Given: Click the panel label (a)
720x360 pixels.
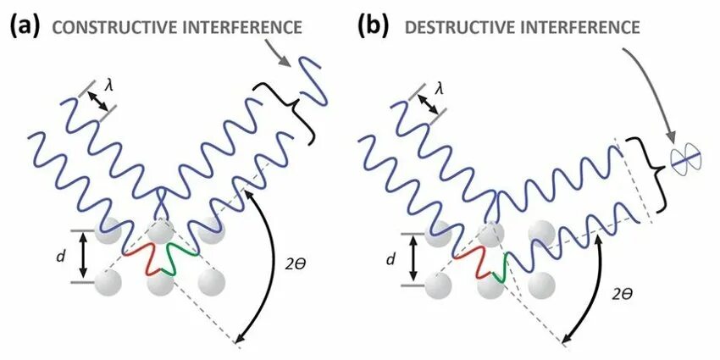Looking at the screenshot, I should [25, 25].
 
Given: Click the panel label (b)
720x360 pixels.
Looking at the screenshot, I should [374, 25].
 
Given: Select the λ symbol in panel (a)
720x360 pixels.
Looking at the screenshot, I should [108, 85].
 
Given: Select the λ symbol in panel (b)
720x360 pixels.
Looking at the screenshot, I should [439, 86].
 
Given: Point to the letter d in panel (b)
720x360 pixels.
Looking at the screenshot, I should [390, 259].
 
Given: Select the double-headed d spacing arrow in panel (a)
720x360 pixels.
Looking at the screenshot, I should [83, 255].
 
